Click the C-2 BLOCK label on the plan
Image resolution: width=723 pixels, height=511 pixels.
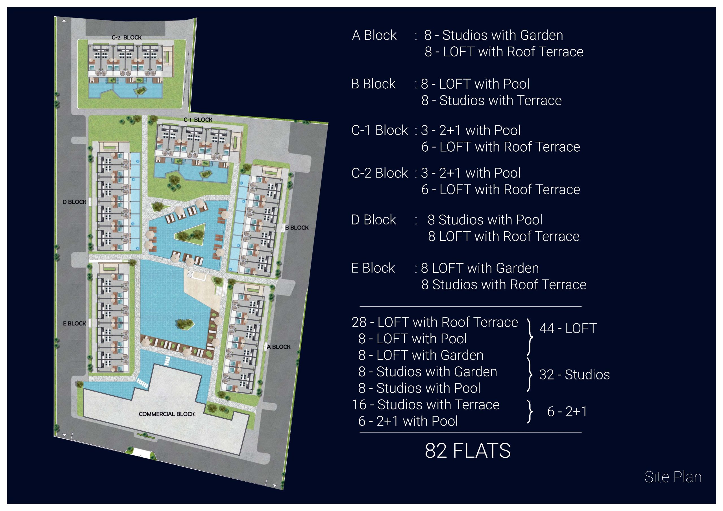[127, 38]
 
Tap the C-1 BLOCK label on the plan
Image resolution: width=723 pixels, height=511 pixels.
[198, 120]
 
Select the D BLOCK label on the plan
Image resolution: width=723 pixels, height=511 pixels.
[74, 202]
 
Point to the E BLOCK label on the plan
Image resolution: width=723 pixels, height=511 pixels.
[75, 323]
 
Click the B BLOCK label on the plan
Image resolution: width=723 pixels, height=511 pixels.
[297, 228]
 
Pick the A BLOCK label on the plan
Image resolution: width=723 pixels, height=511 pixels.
[279, 347]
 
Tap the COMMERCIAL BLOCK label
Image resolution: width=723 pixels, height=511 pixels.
[167, 414]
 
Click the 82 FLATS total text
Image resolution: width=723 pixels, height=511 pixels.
[468, 451]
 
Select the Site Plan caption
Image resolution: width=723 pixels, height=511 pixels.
[673, 477]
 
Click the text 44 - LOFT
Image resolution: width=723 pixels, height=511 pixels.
[568, 328]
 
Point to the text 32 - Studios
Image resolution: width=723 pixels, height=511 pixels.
[574, 375]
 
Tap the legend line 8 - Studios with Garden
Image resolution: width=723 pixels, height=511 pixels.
[428, 372]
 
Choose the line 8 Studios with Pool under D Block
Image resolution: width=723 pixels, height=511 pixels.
[485, 220]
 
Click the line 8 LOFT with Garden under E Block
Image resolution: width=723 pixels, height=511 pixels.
[480, 268]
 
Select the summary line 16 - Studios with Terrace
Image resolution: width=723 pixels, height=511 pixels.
[426, 405]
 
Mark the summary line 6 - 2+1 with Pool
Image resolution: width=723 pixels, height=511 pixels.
[408, 421]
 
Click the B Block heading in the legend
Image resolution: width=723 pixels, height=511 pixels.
[373, 84]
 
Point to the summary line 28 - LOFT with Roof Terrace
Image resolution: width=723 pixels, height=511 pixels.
[435, 322]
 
